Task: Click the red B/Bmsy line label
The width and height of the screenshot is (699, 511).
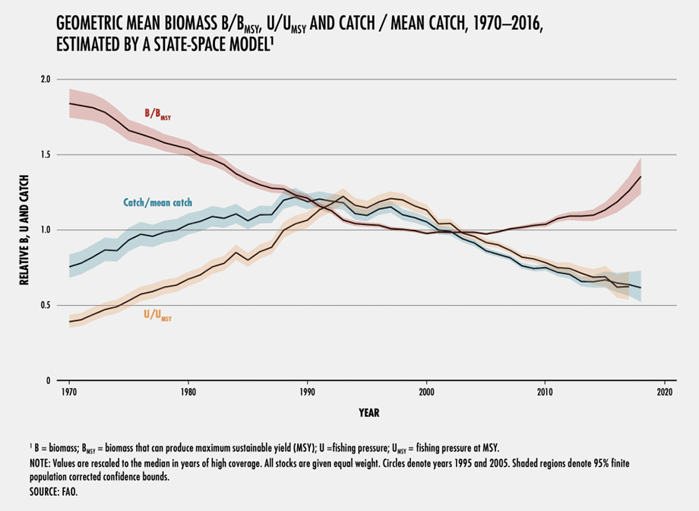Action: click(161, 115)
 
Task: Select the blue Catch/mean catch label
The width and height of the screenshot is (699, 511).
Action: click(157, 203)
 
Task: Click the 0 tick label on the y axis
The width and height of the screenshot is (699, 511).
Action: click(47, 380)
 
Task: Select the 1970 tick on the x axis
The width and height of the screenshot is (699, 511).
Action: click(68, 392)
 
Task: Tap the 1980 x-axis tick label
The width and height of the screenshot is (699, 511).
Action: click(188, 392)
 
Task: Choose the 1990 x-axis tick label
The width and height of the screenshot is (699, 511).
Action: click(307, 392)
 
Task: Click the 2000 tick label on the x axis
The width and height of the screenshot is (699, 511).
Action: click(426, 392)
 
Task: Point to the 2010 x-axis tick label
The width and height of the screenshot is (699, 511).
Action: click(546, 392)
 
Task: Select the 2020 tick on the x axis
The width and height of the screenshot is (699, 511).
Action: click(665, 392)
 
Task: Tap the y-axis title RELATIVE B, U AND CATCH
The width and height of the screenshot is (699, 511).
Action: click(24, 230)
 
